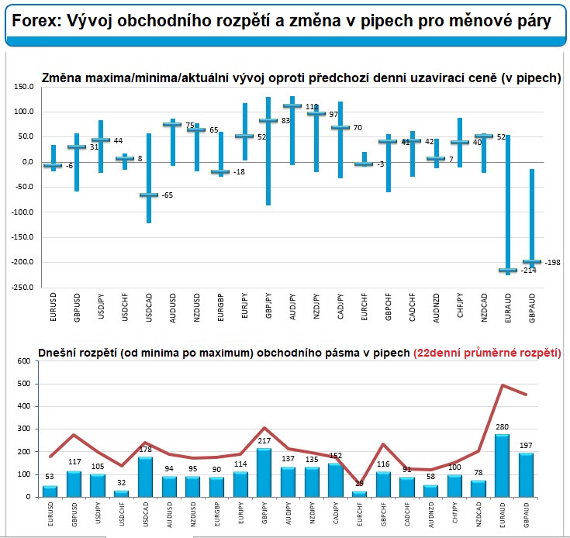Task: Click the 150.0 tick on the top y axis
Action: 22,87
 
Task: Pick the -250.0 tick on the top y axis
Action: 21,287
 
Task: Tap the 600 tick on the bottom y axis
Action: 22,360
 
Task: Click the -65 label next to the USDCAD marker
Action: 167,195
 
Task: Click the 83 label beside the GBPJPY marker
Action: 286,120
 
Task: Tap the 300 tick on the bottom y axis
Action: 22,429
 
